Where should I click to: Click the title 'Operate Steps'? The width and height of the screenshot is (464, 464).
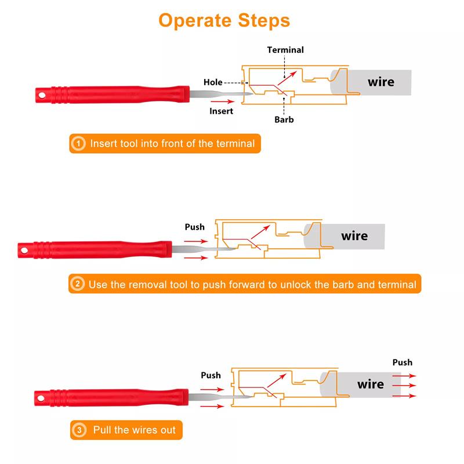(x=224, y=21)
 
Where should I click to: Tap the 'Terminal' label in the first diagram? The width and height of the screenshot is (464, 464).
(x=285, y=50)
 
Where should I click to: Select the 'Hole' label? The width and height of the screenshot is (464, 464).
(x=213, y=82)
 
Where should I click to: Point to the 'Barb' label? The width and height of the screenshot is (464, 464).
(x=284, y=119)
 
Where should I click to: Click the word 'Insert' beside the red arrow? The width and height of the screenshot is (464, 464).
(x=221, y=111)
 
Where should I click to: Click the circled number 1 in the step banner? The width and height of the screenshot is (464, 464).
(x=78, y=143)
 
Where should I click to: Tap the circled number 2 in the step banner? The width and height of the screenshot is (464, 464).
(x=78, y=284)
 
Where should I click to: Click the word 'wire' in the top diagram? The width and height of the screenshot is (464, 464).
(x=380, y=82)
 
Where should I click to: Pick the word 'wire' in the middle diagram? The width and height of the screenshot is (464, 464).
(x=354, y=236)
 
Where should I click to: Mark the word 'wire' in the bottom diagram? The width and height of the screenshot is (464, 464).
(x=371, y=384)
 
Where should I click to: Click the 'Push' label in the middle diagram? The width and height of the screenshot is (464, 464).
(x=194, y=227)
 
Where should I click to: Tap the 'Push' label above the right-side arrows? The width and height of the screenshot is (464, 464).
(x=402, y=362)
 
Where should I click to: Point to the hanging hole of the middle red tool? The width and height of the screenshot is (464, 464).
(x=25, y=249)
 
